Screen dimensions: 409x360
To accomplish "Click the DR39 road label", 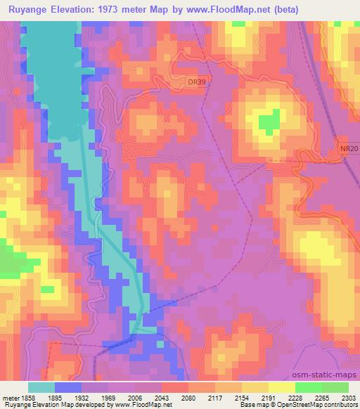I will [198, 82].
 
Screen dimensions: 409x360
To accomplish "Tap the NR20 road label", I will [347, 149].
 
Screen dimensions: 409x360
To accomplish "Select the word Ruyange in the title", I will [29, 10].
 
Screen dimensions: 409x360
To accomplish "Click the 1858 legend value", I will [27, 397].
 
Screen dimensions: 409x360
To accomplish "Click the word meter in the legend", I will [9, 397].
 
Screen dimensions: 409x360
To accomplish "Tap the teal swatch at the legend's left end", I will [41, 387].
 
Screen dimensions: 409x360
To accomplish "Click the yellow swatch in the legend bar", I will [282, 387].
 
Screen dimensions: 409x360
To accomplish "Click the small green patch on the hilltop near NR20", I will [268, 124].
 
